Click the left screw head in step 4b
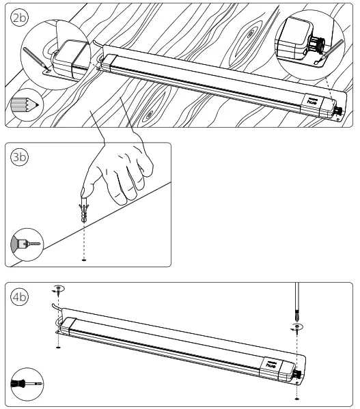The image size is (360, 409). coord(59,289)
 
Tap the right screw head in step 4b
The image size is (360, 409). coord(296,328)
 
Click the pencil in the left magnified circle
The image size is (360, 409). coord(35,58)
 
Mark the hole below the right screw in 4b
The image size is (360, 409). coord(296,397)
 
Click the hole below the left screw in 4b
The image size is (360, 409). coord(59,349)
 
